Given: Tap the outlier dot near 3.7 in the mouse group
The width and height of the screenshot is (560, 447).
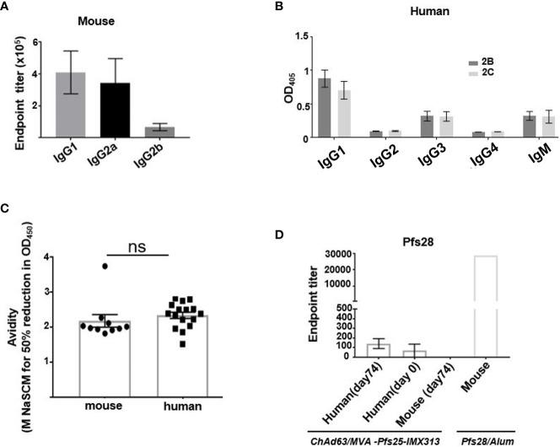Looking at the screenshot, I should point(105,267).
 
